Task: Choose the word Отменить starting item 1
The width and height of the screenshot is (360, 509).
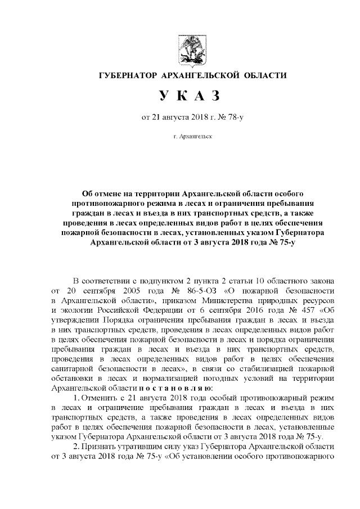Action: click(x=100, y=398)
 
